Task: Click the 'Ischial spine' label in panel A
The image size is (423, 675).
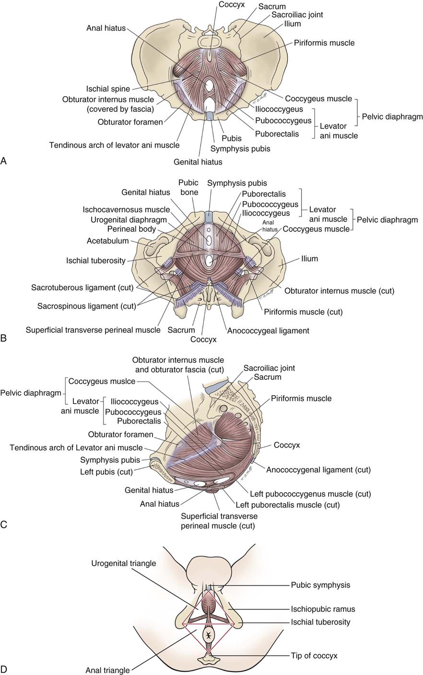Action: [108, 89]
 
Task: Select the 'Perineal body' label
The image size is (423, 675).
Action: [131, 229]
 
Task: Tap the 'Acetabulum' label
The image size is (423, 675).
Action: [108, 241]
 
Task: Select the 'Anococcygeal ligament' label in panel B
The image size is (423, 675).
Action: [268, 330]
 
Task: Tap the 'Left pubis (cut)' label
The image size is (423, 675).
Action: [106, 471]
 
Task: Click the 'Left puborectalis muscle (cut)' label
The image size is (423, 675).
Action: [287, 505]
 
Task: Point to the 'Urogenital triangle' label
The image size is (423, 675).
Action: [124, 563]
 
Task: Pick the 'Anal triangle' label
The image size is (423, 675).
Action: [107, 670]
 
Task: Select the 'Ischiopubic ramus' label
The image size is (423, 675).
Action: [323, 609]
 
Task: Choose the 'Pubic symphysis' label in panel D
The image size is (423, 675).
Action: [320, 585]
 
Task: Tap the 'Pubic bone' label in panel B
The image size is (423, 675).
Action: [188, 188]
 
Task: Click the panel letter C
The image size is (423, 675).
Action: [4, 524]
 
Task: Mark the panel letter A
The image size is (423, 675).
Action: [4, 161]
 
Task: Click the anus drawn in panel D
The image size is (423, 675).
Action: [209, 635]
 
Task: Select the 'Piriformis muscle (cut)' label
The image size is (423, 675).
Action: [303, 312]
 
